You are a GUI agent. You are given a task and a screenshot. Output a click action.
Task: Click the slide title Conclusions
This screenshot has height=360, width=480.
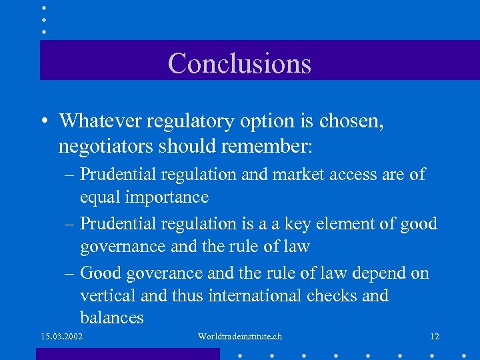[x=239, y=63]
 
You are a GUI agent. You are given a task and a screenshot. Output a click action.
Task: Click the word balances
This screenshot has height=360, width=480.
[x=111, y=317]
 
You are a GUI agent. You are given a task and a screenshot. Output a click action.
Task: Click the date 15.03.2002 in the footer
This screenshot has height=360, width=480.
[x=61, y=337]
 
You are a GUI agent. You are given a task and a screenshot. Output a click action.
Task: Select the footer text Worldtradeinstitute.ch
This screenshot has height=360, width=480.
[x=240, y=337]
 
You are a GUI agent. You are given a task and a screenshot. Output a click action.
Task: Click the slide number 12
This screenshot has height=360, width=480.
[x=435, y=337]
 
